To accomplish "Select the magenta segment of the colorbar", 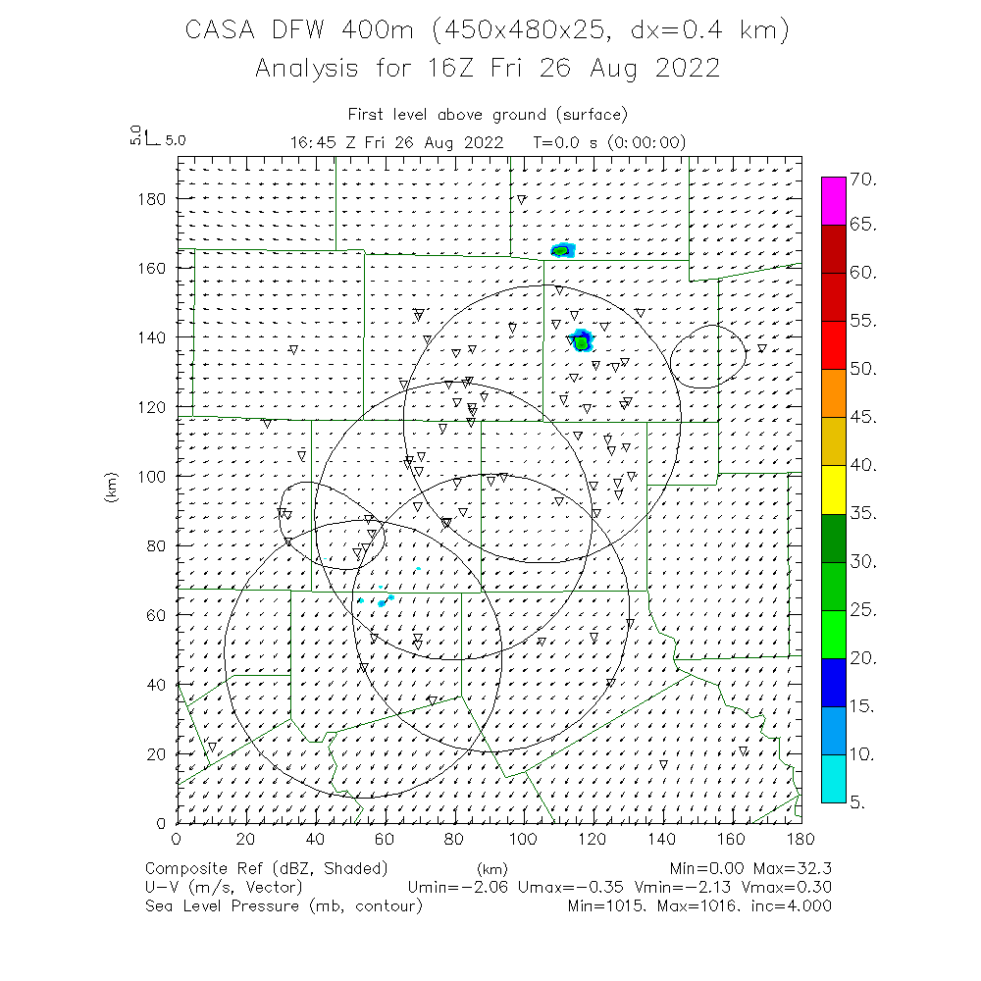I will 834,201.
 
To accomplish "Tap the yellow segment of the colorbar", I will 834,490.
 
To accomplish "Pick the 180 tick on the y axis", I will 154,198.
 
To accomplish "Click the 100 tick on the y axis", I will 154,476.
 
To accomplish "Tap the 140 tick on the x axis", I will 663,839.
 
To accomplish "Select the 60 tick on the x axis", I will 385,839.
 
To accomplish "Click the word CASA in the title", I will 223,32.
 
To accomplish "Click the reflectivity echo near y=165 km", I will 562,250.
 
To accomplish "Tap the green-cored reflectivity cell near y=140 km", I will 582,341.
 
